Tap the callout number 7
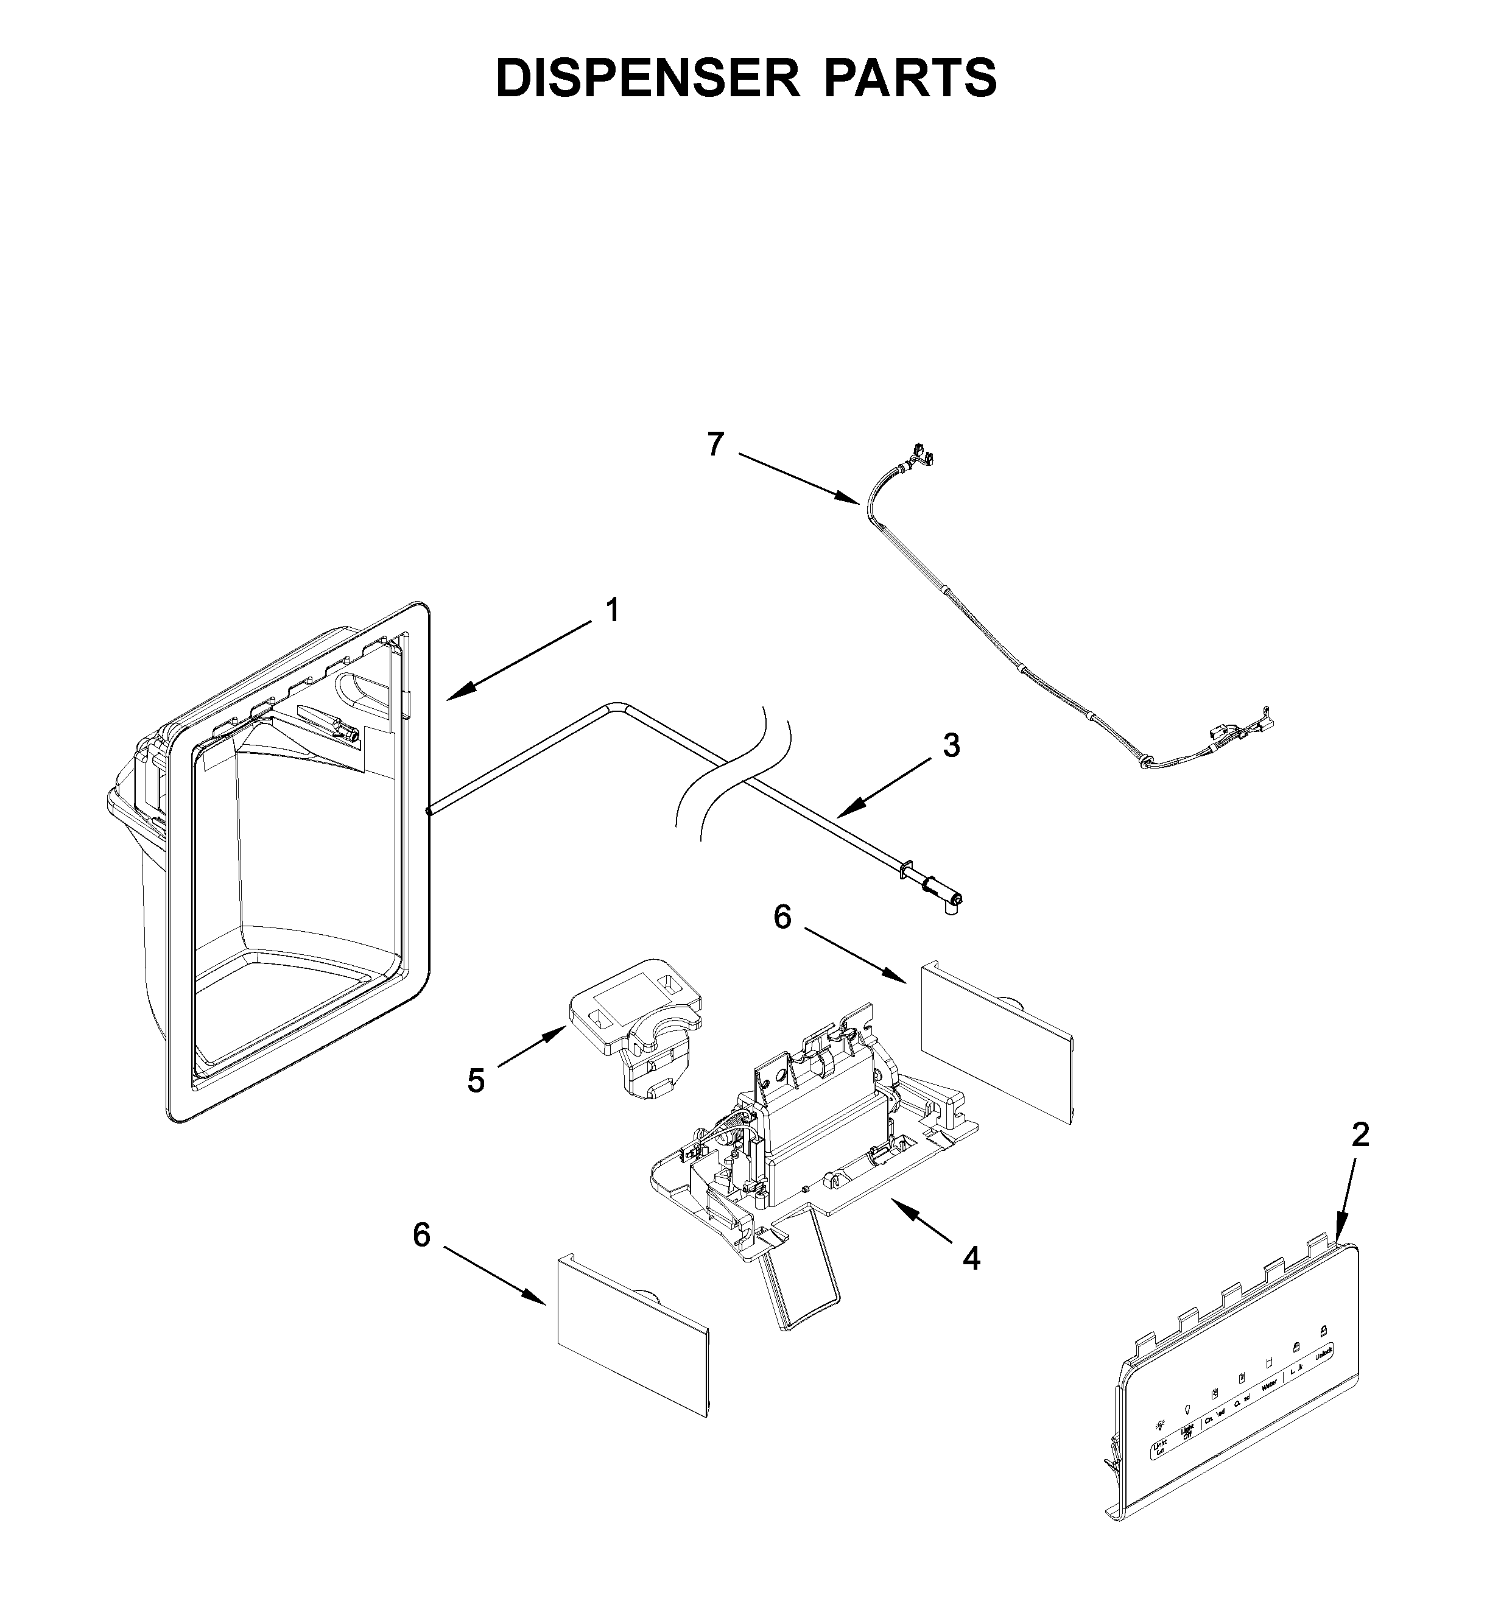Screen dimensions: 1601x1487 tap(715, 445)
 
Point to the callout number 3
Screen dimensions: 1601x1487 tap(951, 746)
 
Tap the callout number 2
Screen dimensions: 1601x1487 tap(1360, 1135)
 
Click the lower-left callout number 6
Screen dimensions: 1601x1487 tap(421, 1235)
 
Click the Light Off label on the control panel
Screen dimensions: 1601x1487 tap(1187, 1431)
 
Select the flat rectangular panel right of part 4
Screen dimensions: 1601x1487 tap(996, 1044)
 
